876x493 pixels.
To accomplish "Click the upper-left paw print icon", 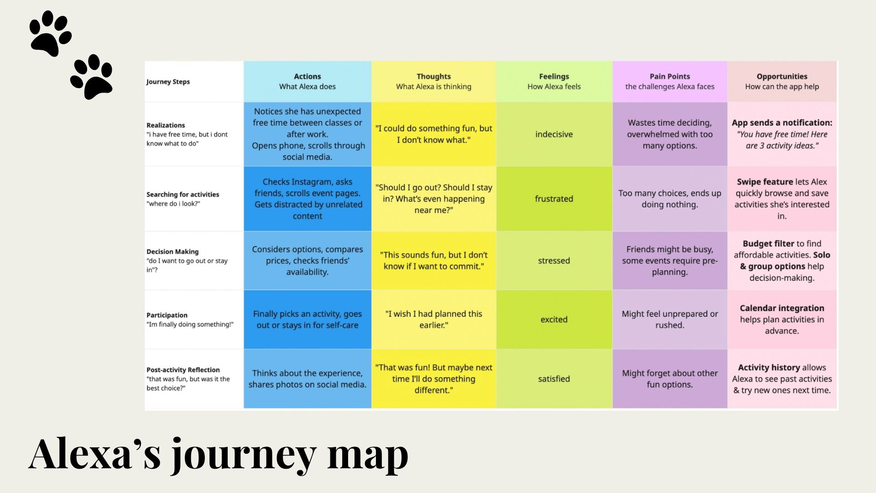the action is (50, 34).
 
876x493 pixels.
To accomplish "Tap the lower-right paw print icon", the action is (92, 77).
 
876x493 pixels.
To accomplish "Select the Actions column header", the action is (307, 81).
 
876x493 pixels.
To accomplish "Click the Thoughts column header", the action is (433, 81).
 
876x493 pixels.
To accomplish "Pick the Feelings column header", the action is (554, 81).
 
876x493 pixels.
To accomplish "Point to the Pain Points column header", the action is (669, 81).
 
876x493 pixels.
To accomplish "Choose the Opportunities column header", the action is (782, 81).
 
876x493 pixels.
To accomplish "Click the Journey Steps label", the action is (168, 82).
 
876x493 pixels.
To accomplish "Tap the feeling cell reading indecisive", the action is (554, 134).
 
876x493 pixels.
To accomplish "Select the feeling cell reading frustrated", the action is (554, 199).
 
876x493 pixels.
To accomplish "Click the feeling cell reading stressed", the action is (554, 261).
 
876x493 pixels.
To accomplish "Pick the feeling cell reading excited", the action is (554, 320).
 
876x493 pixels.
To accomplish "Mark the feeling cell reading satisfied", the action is (554, 379).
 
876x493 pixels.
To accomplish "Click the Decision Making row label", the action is (172, 252).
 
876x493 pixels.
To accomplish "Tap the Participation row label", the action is (167, 315).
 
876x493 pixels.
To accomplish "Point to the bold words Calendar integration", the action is (782, 308).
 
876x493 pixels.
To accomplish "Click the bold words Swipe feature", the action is (764, 182).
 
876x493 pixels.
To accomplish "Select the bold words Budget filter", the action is (768, 244).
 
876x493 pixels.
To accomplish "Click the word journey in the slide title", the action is (244, 455).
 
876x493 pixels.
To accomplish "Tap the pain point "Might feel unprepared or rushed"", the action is (669, 320).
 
